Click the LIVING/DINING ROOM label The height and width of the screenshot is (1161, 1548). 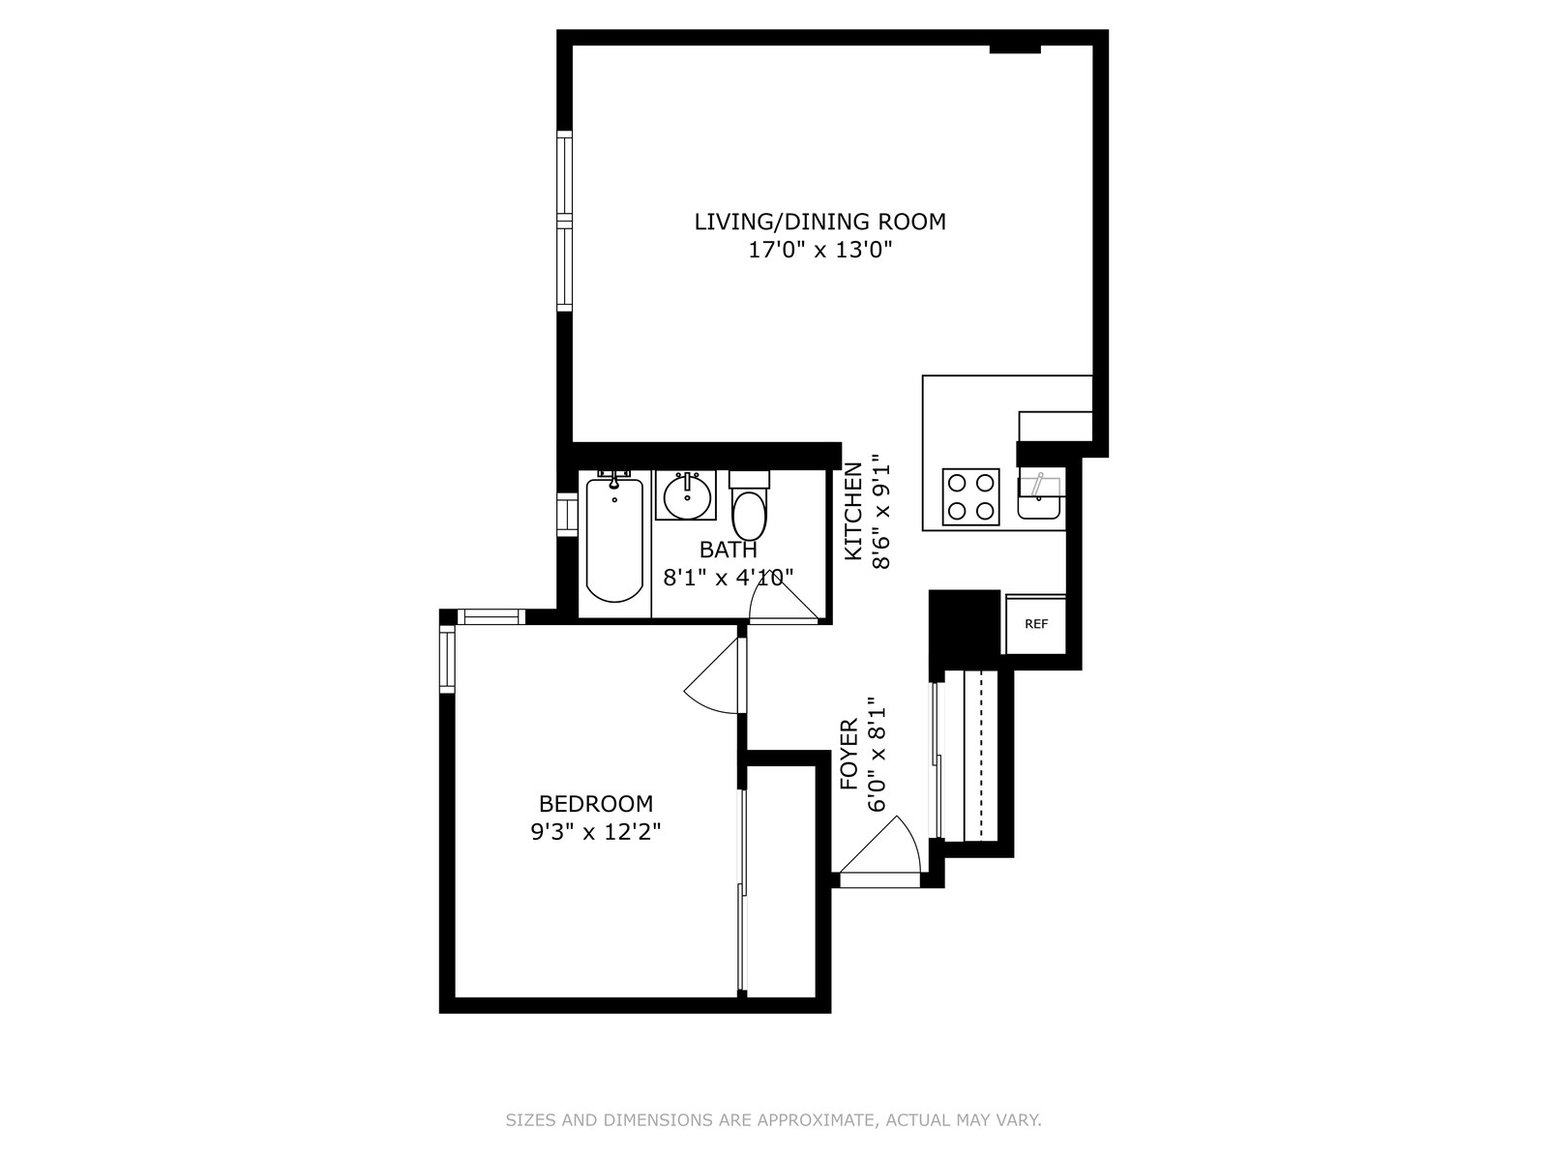point(819,222)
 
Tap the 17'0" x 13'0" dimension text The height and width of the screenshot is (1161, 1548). point(820,250)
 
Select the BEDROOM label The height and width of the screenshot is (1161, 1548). point(596,804)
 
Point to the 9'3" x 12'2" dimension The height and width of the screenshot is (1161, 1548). point(596,832)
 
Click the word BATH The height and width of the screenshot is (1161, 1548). point(728,550)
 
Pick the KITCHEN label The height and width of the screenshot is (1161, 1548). point(853,511)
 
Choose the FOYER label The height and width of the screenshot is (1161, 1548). point(849,754)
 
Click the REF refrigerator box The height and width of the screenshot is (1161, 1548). point(1035,625)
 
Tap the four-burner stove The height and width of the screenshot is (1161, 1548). point(970,497)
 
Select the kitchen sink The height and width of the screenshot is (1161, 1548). point(1038,496)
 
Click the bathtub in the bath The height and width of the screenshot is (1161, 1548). point(614,540)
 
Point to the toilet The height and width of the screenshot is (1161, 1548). point(749,505)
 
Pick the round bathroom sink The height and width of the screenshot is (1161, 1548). point(686,496)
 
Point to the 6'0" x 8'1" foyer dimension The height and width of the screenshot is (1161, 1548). point(877,755)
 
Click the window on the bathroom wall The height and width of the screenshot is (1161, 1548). point(566,514)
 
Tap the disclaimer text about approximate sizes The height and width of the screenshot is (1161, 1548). point(774,1119)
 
